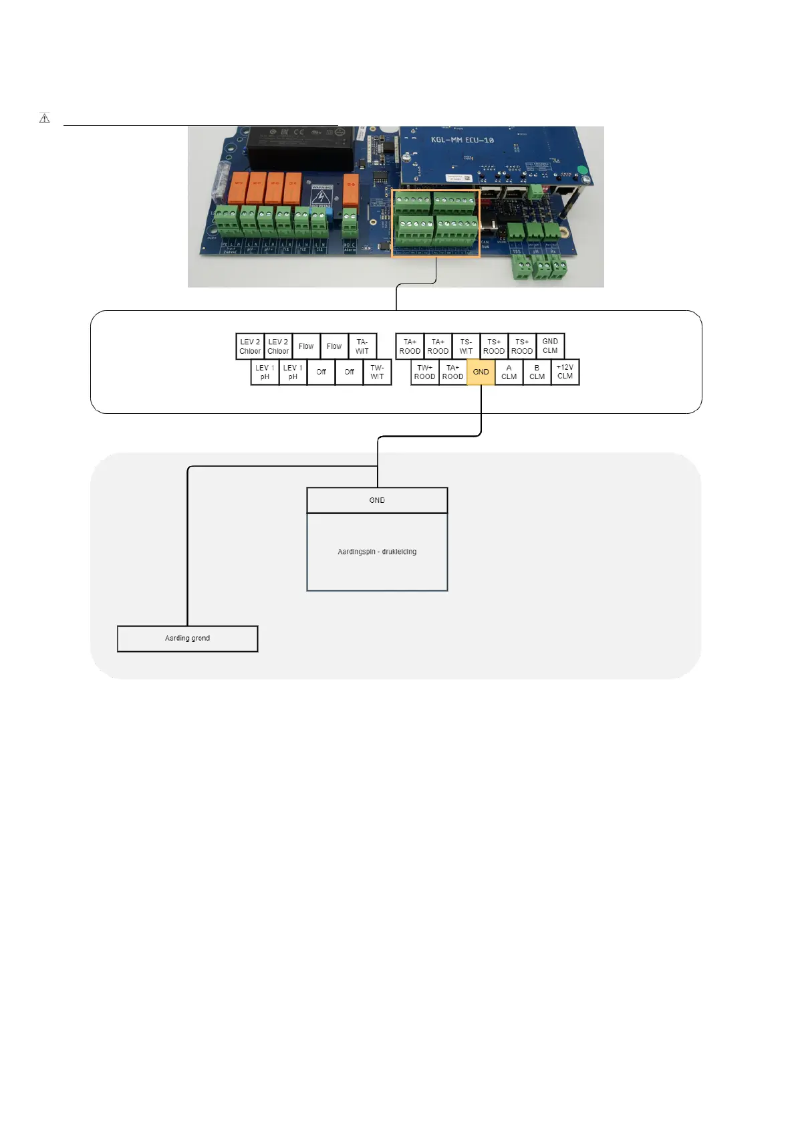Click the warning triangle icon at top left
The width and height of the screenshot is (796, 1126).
click(45, 118)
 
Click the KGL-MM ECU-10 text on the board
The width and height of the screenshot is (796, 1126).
click(462, 140)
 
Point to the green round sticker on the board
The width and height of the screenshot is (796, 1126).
click(581, 171)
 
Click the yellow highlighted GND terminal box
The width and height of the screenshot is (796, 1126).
click(481, 372)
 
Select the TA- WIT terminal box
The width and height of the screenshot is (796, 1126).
click(362, 346)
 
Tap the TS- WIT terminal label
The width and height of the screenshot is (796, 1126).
click(466, 346)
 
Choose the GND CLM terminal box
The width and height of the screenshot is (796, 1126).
click(550, 346)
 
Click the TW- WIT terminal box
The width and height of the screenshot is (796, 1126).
click(377, 372)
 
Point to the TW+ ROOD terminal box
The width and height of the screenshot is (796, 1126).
click(424, 372)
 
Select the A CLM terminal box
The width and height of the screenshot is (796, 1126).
click(509, 372)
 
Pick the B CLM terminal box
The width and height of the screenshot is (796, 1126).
click(537, 372)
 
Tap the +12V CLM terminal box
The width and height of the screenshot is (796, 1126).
click(565, 372)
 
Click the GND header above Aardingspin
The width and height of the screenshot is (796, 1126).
click(377, 500)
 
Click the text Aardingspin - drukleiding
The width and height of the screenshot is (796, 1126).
click(377, 552)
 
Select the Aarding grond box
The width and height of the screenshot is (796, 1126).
click(187, 639)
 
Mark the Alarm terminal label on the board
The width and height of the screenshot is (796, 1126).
click(350, 249)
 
